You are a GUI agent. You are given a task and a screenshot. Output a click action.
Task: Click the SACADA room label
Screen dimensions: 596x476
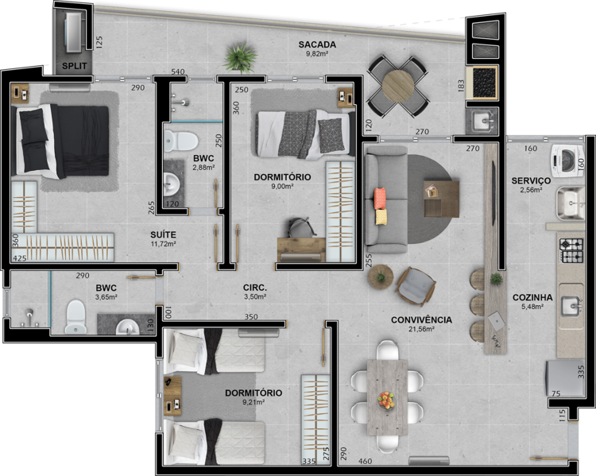[317, 45]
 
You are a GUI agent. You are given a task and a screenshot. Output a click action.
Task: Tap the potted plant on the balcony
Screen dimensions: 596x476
[240, 58]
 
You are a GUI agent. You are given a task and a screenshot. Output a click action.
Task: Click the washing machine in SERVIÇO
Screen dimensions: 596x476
[567, 161]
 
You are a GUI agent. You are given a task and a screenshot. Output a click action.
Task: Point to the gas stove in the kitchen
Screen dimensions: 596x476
[571, 250]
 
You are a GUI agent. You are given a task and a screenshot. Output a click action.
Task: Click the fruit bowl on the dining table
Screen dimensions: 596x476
[386, 401]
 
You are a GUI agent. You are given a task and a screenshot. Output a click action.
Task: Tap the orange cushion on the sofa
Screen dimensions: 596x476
[380, 198]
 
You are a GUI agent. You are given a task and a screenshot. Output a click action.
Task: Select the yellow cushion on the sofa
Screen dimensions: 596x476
[381, 217]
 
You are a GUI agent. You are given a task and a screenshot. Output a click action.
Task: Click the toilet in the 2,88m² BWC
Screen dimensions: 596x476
[181, 141]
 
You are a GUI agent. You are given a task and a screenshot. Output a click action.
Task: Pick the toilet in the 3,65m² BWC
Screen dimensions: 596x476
[75, 317]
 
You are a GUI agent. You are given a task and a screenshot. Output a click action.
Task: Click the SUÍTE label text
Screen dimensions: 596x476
[163, 234]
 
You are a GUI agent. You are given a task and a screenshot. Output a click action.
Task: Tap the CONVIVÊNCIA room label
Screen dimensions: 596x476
[421, 320]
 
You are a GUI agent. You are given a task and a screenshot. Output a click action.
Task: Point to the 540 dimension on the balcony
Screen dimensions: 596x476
[178, 72]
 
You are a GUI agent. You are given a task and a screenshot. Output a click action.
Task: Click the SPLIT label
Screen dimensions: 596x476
[75, 66]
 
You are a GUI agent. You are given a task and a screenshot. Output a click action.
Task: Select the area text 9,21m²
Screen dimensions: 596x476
[253, 401]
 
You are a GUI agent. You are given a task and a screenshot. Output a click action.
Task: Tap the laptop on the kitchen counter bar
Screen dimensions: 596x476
[497, 320]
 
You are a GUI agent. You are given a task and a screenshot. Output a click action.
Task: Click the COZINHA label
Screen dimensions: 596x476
[532, 298]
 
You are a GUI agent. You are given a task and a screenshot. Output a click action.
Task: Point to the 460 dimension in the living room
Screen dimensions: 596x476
[366, 462]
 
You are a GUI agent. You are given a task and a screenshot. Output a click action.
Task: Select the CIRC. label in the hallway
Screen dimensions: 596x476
[255, 288]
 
